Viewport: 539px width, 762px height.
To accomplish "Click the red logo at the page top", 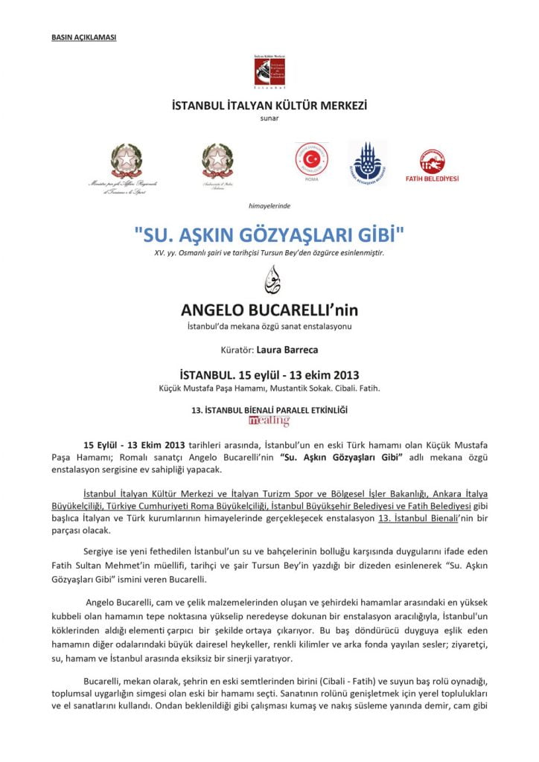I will tap(269, 71).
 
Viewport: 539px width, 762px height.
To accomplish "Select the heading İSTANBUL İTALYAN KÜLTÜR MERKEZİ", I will tap(269, 106).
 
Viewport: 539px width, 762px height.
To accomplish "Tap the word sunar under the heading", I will tap(269, 118).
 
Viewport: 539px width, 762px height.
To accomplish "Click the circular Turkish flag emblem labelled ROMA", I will tap(311, 159).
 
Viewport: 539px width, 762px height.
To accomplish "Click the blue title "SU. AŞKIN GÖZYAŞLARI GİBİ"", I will tap(269, 235).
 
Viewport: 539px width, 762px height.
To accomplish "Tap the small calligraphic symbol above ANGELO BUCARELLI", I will tap(269, 280).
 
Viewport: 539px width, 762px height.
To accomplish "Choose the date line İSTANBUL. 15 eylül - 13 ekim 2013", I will tap(269, 374).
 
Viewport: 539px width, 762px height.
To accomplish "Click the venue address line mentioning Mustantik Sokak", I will tap(269, 388).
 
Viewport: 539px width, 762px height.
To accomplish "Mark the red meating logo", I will tap(269, 421).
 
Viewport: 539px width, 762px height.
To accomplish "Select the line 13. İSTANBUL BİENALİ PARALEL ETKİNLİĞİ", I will tap(269, 409).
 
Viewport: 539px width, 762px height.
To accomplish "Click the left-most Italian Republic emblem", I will tap(126, 162).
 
